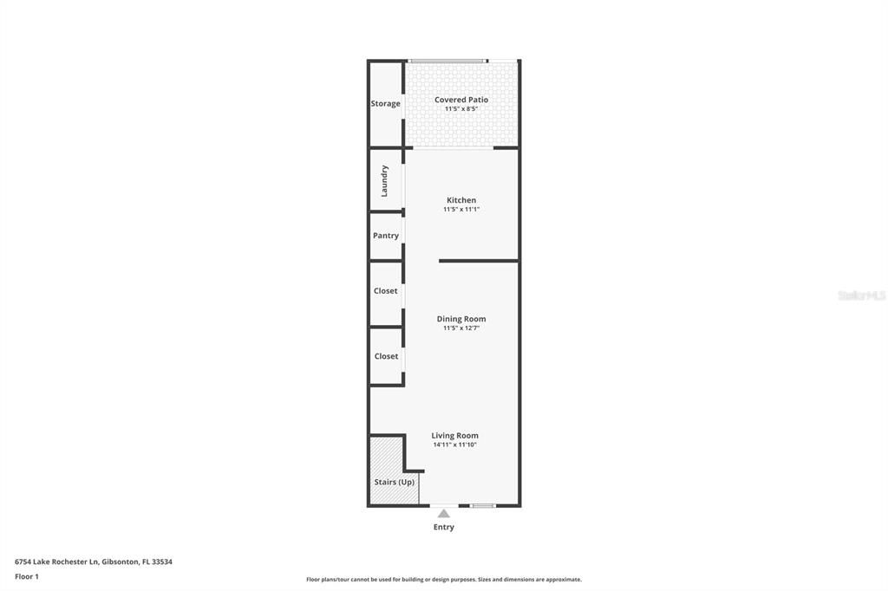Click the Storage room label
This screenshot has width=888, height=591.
click(x=386, y=104)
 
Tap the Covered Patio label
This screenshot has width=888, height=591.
click(x=461, y=100)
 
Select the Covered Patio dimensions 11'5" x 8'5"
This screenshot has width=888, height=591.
click(x=461, y=109)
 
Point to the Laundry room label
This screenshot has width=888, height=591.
click(x=385, y=180)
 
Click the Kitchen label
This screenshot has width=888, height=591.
click(x=461, y=200)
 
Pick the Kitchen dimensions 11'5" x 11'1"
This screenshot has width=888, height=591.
click(x=461, y=209)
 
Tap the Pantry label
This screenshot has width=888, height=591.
click(x=386, y=236)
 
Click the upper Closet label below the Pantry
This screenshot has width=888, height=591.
click(x=386, y=291)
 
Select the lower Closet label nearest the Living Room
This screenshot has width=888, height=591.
click(x=386, y=356)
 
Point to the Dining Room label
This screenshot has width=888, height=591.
click(x=461, y=319)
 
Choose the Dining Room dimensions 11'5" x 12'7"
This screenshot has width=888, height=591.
click(x=461, y=328)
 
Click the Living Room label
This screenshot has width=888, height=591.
click(x=455, y=436)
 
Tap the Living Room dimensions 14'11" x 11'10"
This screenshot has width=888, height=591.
click(x=455, y=445)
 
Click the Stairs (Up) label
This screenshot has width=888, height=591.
click(x=394, y=482)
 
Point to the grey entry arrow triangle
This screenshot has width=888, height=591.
click(x=444, y=514)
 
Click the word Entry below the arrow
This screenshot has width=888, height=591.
click(x=444, y=527)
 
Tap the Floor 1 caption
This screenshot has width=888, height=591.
click(x=27, y=576)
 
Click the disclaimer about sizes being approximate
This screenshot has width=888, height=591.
click(x=444, y=580)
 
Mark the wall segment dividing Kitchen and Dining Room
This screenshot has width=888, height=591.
click(x=479, y=261)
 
